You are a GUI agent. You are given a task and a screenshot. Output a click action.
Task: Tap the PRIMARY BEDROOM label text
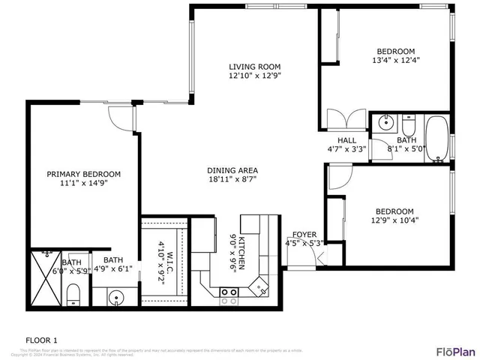coord(84,173)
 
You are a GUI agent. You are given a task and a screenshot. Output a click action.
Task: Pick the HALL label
coord(346,140)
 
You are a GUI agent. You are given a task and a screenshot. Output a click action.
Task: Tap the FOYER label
coord(304,233)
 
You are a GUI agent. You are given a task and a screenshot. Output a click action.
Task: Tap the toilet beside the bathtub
coord(408,122)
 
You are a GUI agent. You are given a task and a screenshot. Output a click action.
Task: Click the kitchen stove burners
coord(227,296)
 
